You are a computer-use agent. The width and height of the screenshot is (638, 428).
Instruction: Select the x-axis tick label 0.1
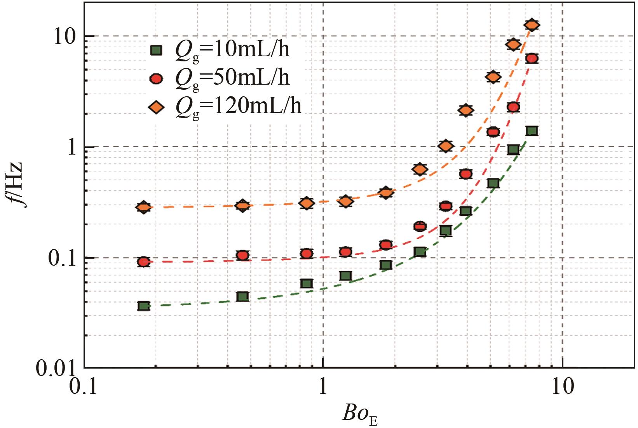84,387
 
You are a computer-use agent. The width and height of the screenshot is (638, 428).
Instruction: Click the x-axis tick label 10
563,387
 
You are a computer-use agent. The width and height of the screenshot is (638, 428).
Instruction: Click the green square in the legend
156,50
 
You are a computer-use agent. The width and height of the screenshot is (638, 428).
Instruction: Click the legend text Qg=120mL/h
238,106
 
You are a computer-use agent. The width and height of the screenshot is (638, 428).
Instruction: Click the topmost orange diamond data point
532,25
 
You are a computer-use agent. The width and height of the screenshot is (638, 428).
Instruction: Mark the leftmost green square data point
144,306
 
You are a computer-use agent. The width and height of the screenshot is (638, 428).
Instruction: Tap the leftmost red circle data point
144,262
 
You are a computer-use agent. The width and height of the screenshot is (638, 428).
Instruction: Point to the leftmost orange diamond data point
144,207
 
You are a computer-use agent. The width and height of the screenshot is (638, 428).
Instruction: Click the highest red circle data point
532,59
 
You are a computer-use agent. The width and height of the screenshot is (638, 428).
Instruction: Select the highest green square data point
532,131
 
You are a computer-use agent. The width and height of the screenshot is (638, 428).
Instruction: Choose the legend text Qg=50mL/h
232,78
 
